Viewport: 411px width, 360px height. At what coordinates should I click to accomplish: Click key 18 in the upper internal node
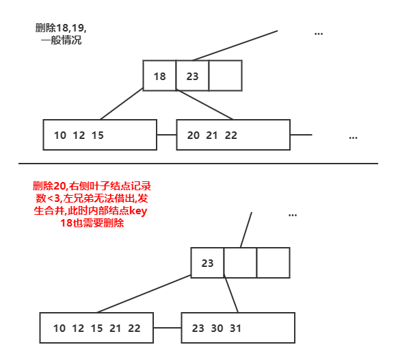[160, 77]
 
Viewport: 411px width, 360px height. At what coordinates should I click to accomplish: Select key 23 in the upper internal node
[192, 77]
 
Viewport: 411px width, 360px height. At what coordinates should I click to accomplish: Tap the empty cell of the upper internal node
[225, 76]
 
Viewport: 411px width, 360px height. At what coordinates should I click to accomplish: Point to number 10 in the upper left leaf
[59, 136]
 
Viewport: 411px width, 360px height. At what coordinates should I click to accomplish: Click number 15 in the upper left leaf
[97, 136]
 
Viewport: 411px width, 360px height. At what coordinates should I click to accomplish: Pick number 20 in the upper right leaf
[194, 136]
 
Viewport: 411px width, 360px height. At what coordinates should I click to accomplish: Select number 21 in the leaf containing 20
[212, 136]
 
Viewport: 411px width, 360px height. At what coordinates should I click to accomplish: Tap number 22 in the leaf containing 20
[231, 136]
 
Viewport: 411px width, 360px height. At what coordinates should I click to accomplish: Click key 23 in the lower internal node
[207, 263]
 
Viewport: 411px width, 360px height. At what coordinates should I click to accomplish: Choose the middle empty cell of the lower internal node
[241, 263]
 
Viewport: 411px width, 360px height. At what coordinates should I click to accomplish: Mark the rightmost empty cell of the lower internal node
[273, 263]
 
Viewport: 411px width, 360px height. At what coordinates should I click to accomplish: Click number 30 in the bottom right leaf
[217, 329]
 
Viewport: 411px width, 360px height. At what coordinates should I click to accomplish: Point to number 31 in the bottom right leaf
[236, 329]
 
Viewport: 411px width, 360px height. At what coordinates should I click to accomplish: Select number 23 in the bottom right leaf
[198, 329]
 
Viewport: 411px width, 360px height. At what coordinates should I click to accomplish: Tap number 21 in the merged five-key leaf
[116, 329]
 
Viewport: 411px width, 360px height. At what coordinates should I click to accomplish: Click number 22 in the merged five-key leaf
[134, 329]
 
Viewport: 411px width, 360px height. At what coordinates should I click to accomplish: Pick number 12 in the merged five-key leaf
[78, 329]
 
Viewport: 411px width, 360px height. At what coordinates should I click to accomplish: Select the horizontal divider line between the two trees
[198, 164]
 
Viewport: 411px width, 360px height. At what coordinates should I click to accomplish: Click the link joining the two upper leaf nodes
[166, 135]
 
